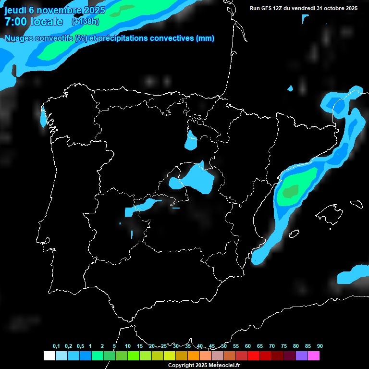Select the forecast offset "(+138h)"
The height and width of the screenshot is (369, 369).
pyautogui.click(x=85, y=22)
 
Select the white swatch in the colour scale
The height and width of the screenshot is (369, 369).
pyautogui.click(x=49, y=356)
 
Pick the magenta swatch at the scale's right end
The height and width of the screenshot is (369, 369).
pyautogui.click(x=314, y=356)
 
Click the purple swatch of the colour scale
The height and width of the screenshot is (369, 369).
pyautogui.click(x=302, y=356)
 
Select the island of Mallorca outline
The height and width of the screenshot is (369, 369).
pyautogui.click(x=332, y=212)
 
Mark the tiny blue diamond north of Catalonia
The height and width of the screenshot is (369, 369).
pyautogui.click(x=290, y=88)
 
